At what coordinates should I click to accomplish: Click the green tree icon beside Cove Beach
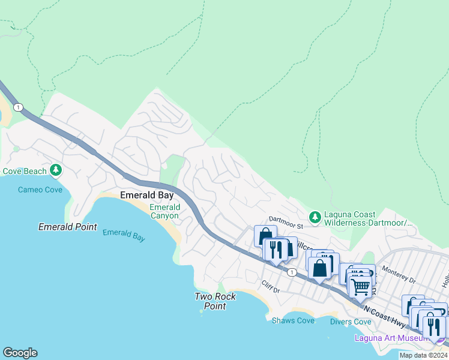(x=56, y=170)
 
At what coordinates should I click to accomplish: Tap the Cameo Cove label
(x=40, y=190)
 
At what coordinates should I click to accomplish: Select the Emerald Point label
(x=67, y=227)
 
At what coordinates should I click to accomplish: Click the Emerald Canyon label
(x=164, y=211)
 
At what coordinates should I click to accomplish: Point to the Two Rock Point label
(x=215, y=301)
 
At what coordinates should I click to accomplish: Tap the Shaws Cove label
(x=293, y=320)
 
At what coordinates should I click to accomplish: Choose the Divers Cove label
(x=351, y=322)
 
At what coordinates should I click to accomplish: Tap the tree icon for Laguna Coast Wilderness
(x=314, y=216)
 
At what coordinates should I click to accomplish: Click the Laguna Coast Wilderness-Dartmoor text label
(x=367, y=218)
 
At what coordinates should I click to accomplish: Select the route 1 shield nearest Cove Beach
(x=19, y=107)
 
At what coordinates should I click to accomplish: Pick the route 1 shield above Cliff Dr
(x=292, y=272)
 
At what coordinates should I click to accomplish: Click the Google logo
(x=20, y=353)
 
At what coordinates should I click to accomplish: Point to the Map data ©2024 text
(x=423, y=355)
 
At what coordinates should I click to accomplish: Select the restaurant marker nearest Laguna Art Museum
(x=434, y=327)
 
